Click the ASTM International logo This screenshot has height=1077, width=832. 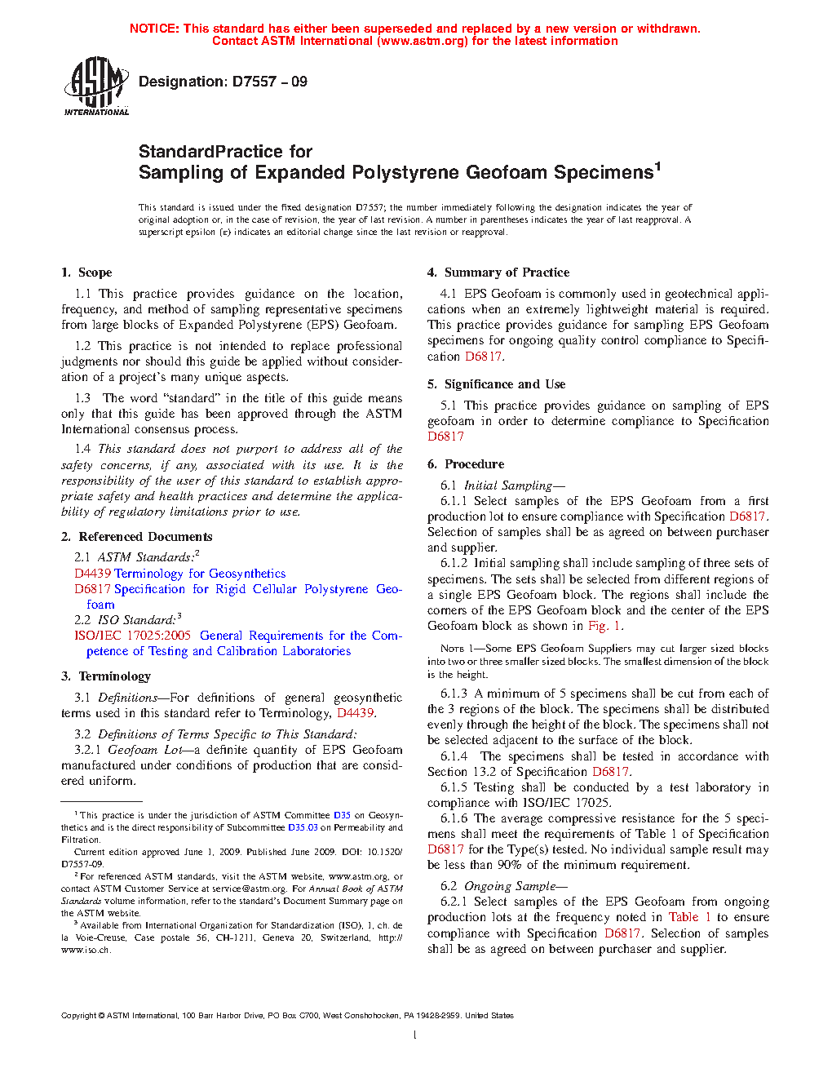tap(96, 86)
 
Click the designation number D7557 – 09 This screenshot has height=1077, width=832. tap(223, 82)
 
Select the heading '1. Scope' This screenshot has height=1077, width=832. tap(86, 273)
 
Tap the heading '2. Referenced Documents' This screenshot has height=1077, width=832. tap(137, 537)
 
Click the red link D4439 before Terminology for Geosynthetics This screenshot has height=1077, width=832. tap(92, 574)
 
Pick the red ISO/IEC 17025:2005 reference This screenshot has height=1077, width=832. tap(132, 636)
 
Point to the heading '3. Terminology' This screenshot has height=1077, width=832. tap(106, 676)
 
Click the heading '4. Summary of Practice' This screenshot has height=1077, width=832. tap(498, 273)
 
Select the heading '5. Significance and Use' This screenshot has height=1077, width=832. tap(497, 384)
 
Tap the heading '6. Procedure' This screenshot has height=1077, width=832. tap(466, 464)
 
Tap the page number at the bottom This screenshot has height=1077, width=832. tap(415, 1035)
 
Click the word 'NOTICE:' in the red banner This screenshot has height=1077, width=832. tap(154, 29)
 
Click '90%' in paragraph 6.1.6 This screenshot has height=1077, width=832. tap(510, 865)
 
